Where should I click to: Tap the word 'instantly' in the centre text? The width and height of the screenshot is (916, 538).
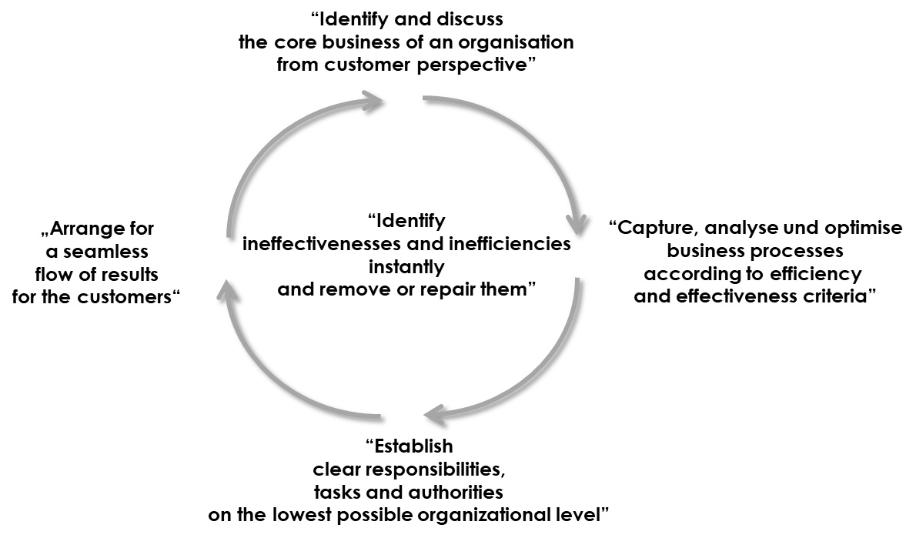406,267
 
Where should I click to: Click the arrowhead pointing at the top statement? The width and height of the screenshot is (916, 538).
375,101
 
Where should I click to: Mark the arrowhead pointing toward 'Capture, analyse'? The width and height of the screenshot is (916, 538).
577,223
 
